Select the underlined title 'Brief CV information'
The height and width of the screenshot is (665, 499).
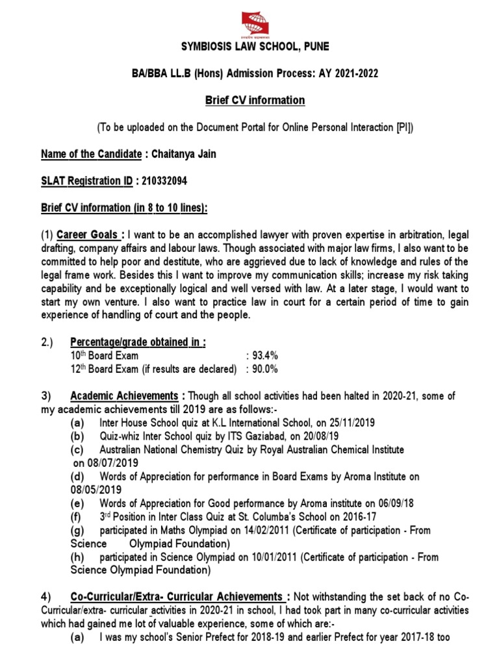click(x=249, y=100)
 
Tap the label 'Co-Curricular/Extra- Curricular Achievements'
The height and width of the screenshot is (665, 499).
click(x=175, y=596)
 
